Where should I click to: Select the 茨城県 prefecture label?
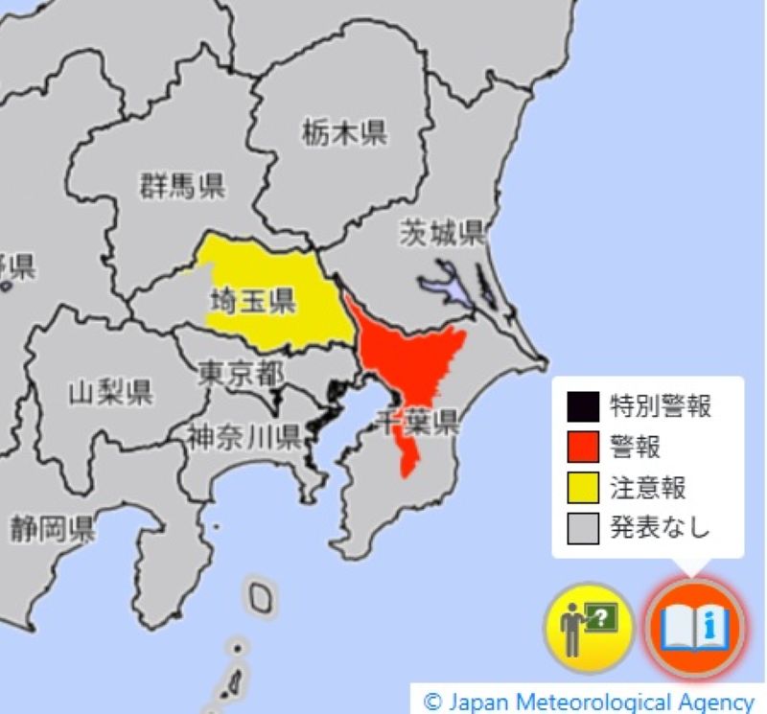pos(443,233)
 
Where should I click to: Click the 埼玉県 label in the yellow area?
pos(252,304)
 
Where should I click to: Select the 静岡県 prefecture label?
pos(53,528)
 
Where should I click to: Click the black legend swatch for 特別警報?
pos(582,406)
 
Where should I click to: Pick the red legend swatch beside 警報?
pos(582,447)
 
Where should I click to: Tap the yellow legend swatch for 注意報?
pos(582,487)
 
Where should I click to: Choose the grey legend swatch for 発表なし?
pos(582,527)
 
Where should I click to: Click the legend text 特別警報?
pos(661,406)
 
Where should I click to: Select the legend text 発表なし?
pos(661,527)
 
